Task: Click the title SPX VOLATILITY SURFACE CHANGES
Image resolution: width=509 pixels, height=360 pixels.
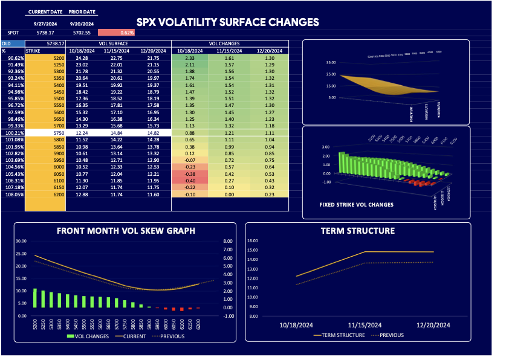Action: point(227,22)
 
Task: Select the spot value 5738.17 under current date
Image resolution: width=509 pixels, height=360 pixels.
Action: point(45,33)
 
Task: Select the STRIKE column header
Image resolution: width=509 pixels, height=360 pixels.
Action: point(34,51)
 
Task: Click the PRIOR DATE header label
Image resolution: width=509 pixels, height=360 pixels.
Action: point(82,12)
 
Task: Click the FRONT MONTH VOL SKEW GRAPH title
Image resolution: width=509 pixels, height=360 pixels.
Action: point(126,231)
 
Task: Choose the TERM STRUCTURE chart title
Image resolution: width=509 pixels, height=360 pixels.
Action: point(357,231)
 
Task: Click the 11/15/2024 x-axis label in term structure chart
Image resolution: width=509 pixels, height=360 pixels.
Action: point(365,325)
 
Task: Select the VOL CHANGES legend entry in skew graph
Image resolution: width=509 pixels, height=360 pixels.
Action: point(85,336)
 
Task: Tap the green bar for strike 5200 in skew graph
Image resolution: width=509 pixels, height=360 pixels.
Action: point(35,298)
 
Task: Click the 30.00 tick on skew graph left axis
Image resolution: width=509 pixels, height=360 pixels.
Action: point(21,240)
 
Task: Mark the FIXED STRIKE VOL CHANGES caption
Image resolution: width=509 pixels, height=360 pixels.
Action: point(356,205)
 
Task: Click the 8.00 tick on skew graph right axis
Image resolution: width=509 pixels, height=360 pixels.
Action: point(228,240)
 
